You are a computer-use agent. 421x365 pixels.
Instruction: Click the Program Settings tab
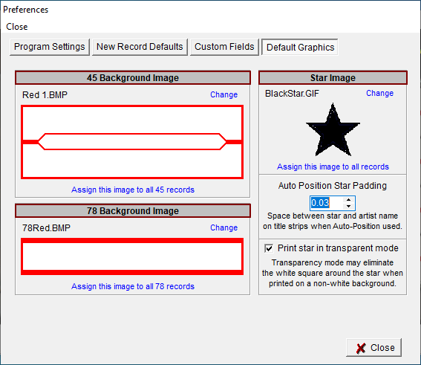(x=50, y=47)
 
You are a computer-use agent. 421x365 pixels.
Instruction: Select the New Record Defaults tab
(x=140, y=47)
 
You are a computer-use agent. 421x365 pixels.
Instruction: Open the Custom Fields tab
(x=223, y=47)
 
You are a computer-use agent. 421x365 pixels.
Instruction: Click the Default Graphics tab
(x=299, y=47)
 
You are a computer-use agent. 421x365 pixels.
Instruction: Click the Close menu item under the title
(x=17, y=26)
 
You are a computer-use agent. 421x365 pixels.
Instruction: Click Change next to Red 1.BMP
(x=223, y=94)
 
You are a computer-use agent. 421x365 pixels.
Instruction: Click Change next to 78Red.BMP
(x=223, y=227)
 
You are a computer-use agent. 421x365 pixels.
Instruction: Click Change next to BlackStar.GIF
(x=379, y=93)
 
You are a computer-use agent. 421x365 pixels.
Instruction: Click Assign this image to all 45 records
(x=133, y=190)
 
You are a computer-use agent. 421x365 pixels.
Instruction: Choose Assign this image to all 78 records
(x=133, y=286)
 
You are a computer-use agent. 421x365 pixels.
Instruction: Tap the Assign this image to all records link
(x=333, y=167)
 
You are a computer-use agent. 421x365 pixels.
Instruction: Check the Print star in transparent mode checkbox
(x=268, y=248)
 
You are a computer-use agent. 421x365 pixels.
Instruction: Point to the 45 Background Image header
(x=133, y=78)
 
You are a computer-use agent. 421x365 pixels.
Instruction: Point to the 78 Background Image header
(x=133, y=211)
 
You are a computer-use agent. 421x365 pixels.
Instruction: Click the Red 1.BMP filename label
(x=45, y=94)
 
